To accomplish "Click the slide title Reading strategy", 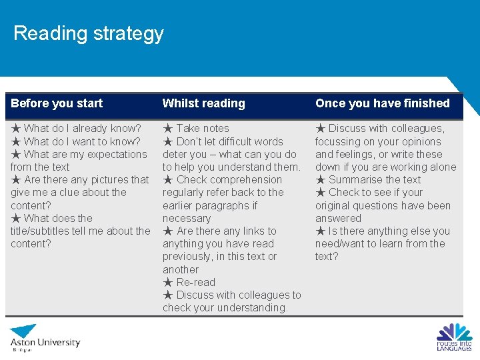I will click(x=88, y=33).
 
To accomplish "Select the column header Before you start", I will click(x=57, y=103).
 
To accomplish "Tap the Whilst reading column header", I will click(x=203, y=103).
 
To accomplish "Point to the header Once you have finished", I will click(x=382, y=103).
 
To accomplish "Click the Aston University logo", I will click(x=45, y=337).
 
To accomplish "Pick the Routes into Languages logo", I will click(x=454, y=337).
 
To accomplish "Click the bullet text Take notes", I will click(x=203, y=128).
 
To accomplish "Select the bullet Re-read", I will click(x=196, y=282).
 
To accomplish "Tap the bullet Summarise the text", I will click(x=375, y=179).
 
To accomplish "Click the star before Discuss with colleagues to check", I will click(x=168, y=295).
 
